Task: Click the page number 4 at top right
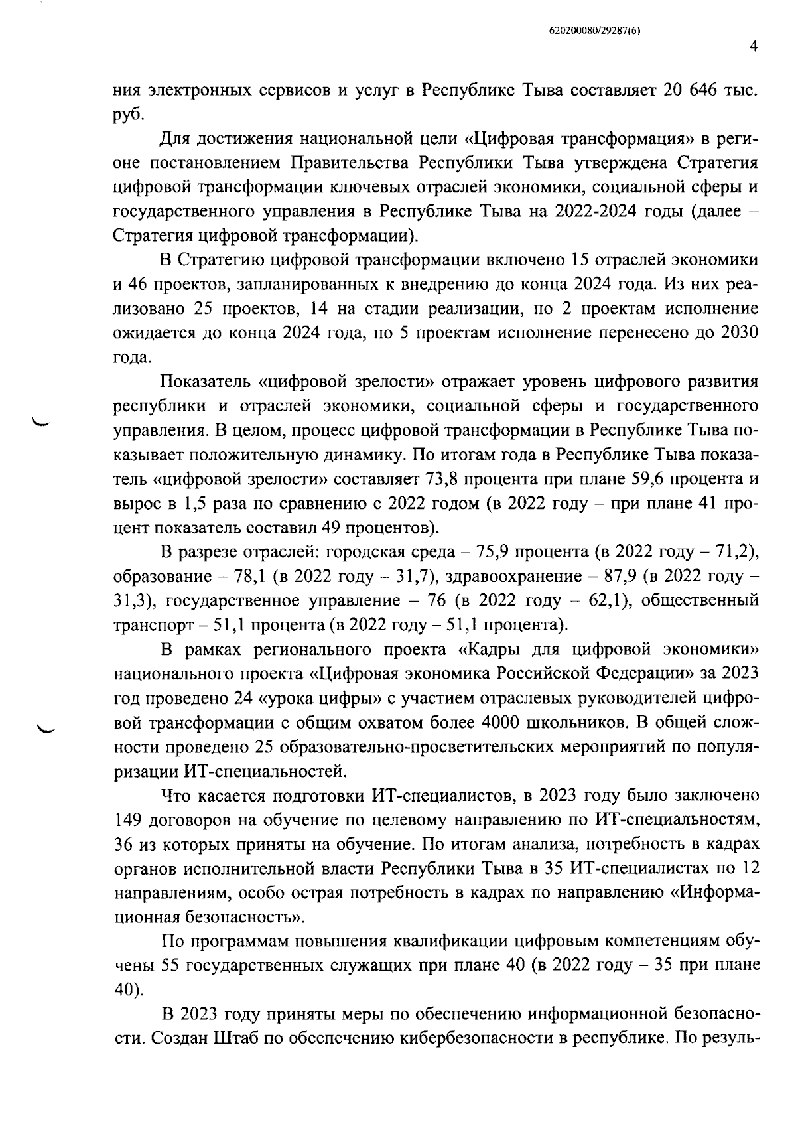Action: pos(753,46)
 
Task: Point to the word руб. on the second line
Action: pos(128,114)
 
